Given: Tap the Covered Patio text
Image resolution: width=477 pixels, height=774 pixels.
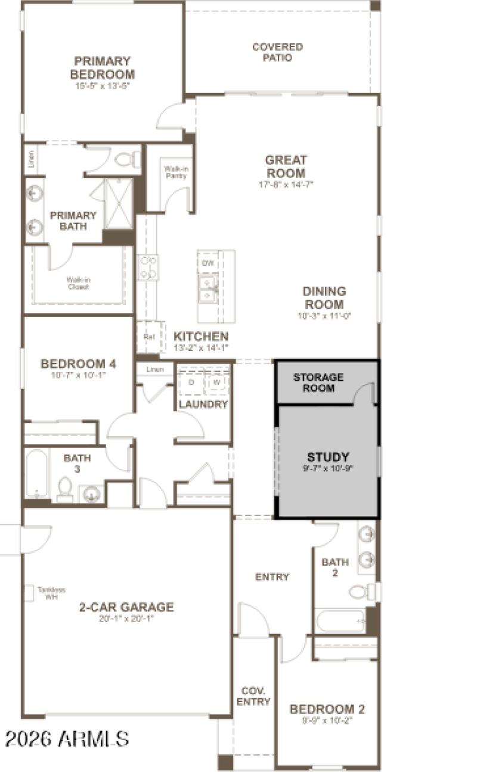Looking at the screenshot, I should [277, 52].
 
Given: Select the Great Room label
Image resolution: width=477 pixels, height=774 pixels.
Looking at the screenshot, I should [286, 166].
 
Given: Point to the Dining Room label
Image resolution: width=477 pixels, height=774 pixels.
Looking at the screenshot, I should [324, 298].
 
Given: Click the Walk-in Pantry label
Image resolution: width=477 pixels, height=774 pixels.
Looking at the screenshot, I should [176, 172].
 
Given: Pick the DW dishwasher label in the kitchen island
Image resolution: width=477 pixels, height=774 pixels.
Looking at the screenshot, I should [207, 263].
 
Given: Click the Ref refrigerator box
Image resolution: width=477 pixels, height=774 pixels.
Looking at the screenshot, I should [148, 337].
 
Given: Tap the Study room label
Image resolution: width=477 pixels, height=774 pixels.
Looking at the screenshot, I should [328, 458].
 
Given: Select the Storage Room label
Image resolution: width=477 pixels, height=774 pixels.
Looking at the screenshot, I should [318, 383].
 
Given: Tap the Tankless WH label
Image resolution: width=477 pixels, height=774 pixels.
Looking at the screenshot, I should [51, 592].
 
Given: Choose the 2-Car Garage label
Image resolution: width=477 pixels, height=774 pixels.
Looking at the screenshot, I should [126, 607].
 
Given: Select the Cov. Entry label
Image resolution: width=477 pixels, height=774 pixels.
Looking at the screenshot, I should [253, 697].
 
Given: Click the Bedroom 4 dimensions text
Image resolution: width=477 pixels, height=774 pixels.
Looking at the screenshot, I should [78, 375].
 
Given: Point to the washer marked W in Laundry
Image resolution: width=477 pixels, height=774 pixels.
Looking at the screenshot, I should [216, 381].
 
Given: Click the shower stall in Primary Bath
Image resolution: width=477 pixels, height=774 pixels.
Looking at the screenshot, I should [119, 203].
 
